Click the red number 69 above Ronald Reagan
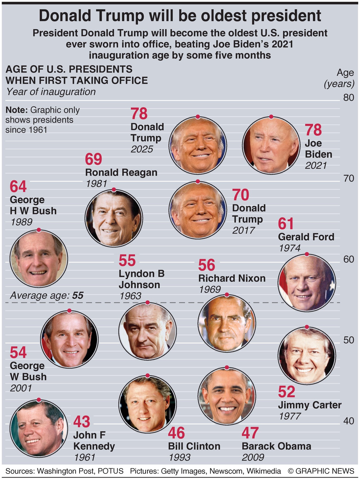[x=94, y=159]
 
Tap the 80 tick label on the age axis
[x=348, y=98]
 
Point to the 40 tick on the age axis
[x=348, y=421]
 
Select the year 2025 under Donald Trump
[x=142, y=149]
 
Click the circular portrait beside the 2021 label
[x=271, y=145]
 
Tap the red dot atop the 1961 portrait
[x=39, y=400]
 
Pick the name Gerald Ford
[x=306, y=237]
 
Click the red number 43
[x=82, y=422]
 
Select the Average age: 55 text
[x=47, y=296]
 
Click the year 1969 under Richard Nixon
[x=210, y=290]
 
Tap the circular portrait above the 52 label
[x=307, y=355]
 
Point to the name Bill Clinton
[x=194, y=446]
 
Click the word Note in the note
[x=17, y=110]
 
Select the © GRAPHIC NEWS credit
[x=321, y=471]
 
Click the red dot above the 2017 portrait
[x=198, y=181]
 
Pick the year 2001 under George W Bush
[x=21, y=388]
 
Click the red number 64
[x=18, y=187]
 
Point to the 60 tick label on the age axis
[x=348, y=259]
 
